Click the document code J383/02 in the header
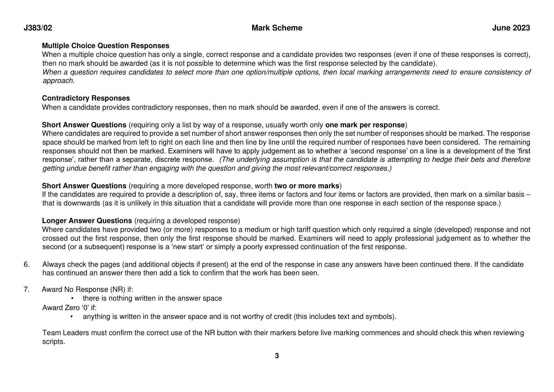(x=38, y=28)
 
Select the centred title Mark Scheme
(x=277, y=28)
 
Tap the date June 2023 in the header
(x=511, y=28)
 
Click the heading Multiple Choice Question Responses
(x=106, y=46)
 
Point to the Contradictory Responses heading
(x=86, y=98)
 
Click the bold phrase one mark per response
(x=365, y=125)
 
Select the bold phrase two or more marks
(x=307, y=186)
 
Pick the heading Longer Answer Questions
(x=87, y=221)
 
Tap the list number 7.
(x=26, y=289)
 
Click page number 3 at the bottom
(x=277, y=356)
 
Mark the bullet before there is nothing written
(x=72, y=298)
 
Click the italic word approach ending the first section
(x=58, y=81)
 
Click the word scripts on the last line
(x=53, y=342)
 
